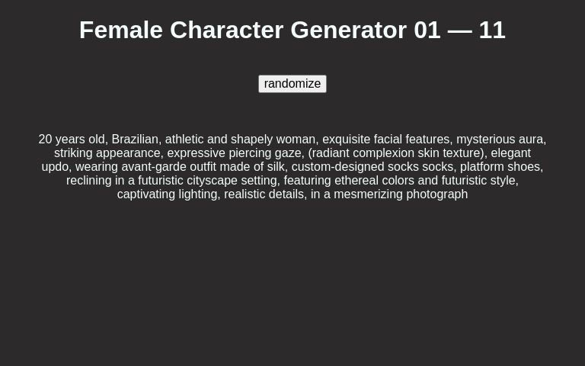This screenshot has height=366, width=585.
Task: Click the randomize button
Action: pyautogui.click(x=292, y=84)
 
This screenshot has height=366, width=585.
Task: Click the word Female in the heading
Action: pyautogui.click(x=121, y=30)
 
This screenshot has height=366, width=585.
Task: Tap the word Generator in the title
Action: pyautogui.click(x=348, y=30)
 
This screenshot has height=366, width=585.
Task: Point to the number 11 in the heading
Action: pyautogui.click(x=492, y=30)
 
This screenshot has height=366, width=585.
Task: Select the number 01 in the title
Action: pyautogui.click(x=427, y=30)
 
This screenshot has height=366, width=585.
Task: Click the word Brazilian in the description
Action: pyautogui.click(x=136, y=140)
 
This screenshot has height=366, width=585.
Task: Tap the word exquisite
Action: pyautogui.click(x=346, y=140)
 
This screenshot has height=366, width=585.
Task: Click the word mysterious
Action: pyautogui.click(x=486, y=140)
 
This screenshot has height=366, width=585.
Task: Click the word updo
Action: pyautogui.click(x=55, y=167)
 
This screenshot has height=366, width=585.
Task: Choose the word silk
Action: pyautogui.click(x=276, y=167)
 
